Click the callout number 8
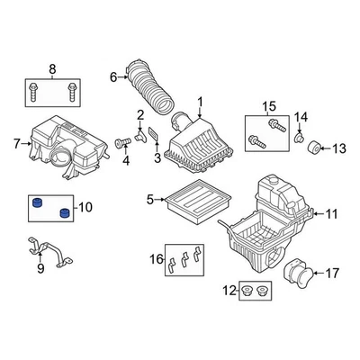point(51,68)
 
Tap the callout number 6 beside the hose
point(114,77)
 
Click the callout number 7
point(17,141)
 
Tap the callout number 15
point(267,108)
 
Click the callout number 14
point(303,116)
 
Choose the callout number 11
point(332,214)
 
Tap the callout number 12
point(229,292)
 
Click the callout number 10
point(85,208)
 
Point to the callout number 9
point(40,267)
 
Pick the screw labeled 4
point(121,144)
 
